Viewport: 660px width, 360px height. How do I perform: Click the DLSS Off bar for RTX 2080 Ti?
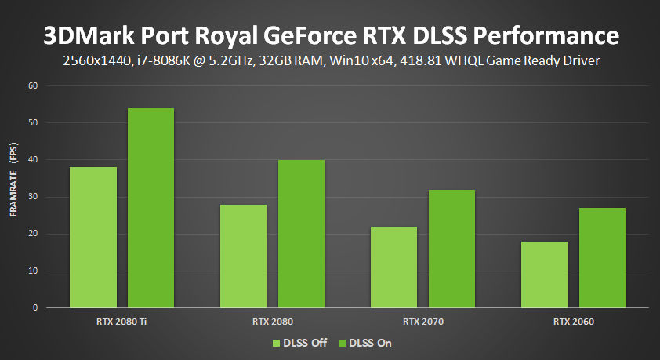click(93, 238)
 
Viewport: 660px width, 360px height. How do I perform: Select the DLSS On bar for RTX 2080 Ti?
click(150, 208)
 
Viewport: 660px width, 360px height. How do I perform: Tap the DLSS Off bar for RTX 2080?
click(243, 256)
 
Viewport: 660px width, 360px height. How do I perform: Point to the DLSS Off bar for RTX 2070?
click(393, 267)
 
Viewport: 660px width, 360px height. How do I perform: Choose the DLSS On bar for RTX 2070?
click(451, 249)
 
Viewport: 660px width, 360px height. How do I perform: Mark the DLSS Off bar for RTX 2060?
click(544, 275)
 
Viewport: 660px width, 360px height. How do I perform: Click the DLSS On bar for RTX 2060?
click(602, 258)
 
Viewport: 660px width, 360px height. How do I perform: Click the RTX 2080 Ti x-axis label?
click(121, 322)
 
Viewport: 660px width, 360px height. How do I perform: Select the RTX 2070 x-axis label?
click(422, 322)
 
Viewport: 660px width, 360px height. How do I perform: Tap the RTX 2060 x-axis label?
click(573, 322)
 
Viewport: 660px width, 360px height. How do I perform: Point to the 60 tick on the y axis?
click(34, 85)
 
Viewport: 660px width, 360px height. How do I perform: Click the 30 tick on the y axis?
click(34, 197)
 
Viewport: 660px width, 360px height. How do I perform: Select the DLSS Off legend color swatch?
click(276, 343)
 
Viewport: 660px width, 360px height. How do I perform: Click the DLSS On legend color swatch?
click(342, 343)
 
